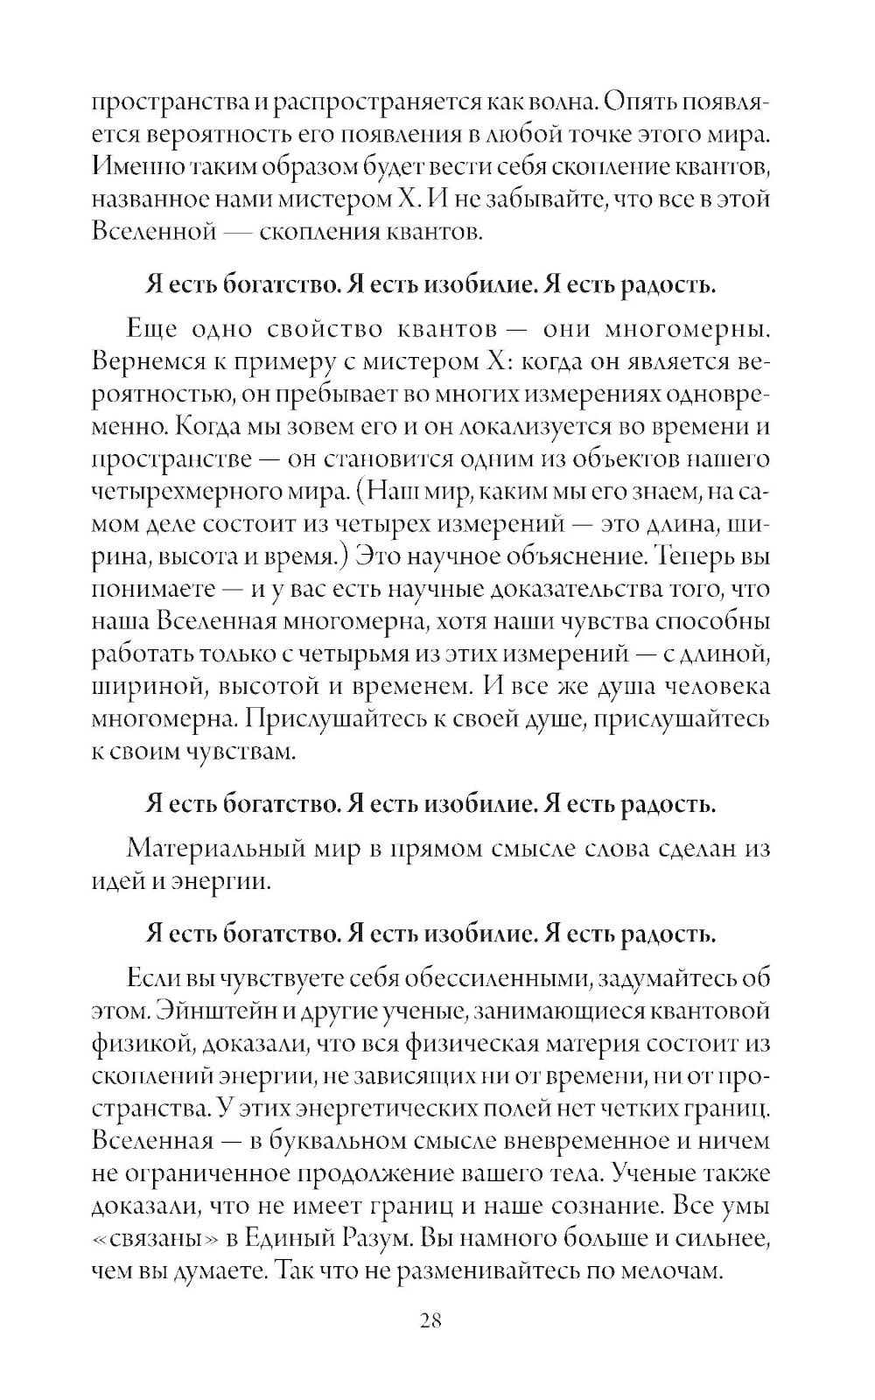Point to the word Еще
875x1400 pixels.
pos(153,330)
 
